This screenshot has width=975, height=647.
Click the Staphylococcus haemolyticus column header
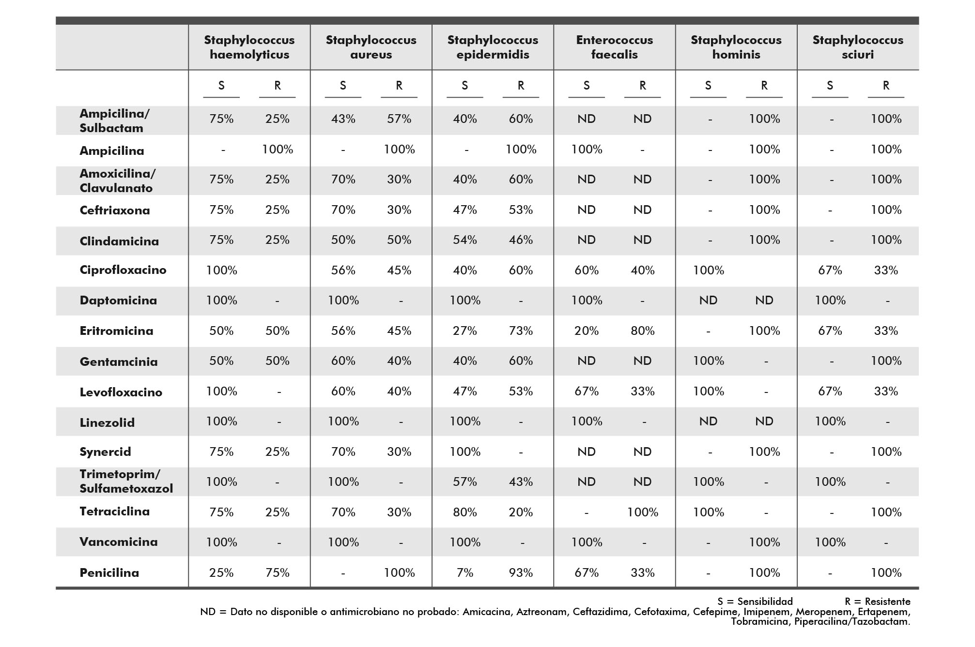249,47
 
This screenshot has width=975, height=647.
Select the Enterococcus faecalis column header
614,47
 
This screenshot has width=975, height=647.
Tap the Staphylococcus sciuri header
858,47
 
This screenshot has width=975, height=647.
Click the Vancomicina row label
119,542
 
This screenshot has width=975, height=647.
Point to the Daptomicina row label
118,301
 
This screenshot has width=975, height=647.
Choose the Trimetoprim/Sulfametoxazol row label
126,481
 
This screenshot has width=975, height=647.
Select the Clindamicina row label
119,241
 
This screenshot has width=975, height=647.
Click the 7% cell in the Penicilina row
465,572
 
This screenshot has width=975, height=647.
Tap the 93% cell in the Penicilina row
521,572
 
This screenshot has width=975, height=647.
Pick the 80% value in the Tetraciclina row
465,512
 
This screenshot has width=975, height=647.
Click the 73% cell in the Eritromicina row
521,331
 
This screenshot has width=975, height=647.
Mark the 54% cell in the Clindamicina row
465,240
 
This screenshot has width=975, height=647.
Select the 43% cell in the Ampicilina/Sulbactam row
343,119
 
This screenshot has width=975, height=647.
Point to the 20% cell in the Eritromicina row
587,331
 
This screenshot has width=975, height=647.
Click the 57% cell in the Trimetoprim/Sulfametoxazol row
465,481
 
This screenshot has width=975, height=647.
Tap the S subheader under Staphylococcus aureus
343,86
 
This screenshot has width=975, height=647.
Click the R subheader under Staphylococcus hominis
764,86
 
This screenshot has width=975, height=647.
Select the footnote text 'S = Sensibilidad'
755,602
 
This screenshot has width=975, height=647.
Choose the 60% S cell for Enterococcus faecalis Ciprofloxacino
587,270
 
